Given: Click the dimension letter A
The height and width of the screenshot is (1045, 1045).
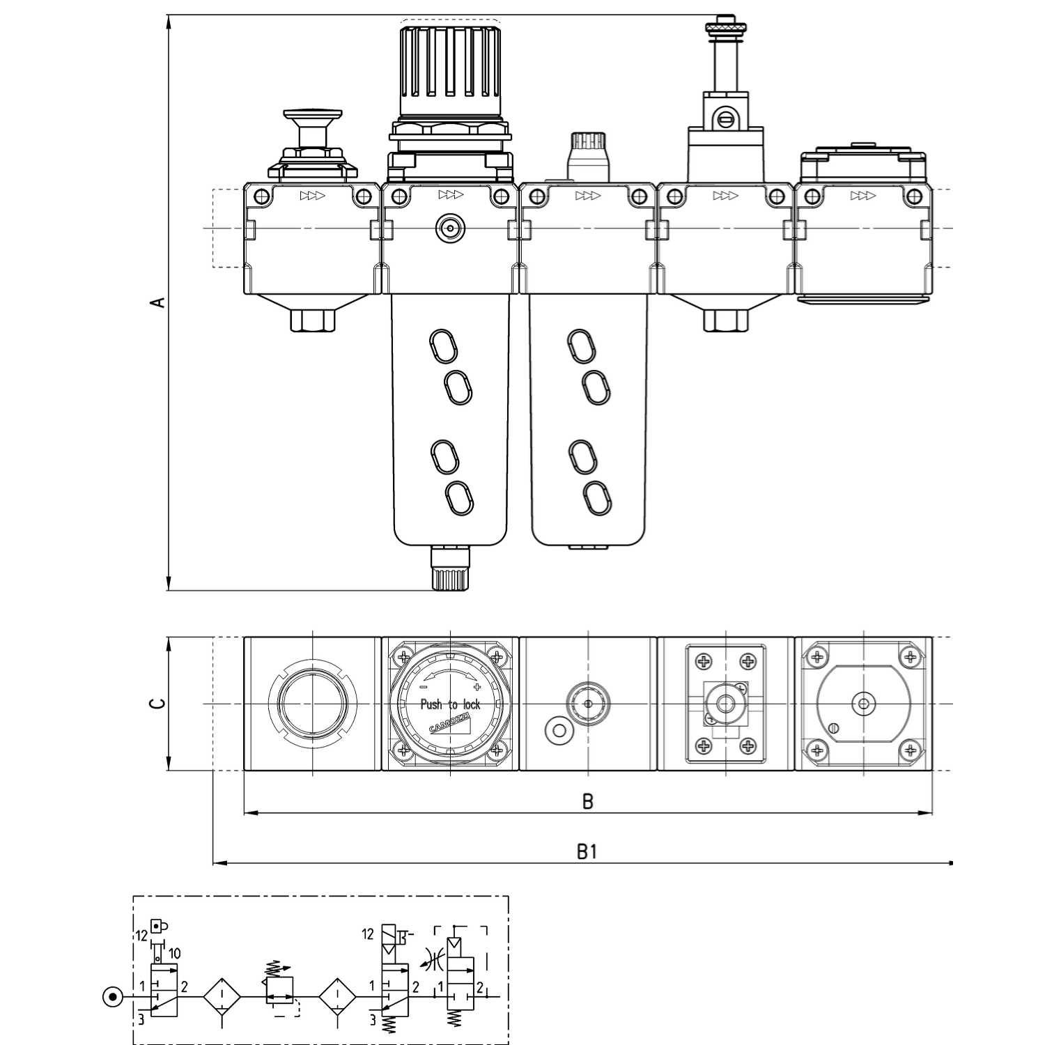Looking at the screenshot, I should coord(159,302).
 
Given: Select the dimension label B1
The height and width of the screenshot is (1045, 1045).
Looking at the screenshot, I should coord(587,851).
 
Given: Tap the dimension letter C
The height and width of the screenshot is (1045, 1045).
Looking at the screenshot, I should coord(159,703).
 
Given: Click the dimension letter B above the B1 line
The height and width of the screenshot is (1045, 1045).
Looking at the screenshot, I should coord(587,801).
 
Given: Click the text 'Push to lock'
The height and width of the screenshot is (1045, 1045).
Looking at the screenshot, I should coord(450,704).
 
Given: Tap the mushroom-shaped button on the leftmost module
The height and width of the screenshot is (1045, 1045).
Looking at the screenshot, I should coord(312,115).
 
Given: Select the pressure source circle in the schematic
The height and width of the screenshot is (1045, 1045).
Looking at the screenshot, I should coord(111,996).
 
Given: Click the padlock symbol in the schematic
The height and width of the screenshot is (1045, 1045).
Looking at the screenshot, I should coord(160,927).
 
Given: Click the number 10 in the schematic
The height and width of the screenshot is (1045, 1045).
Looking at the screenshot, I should coord(174,953).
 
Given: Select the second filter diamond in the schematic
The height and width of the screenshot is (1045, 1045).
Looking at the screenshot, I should coord(337,997).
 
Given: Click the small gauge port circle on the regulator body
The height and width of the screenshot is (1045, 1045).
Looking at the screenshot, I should coord(450,227).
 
